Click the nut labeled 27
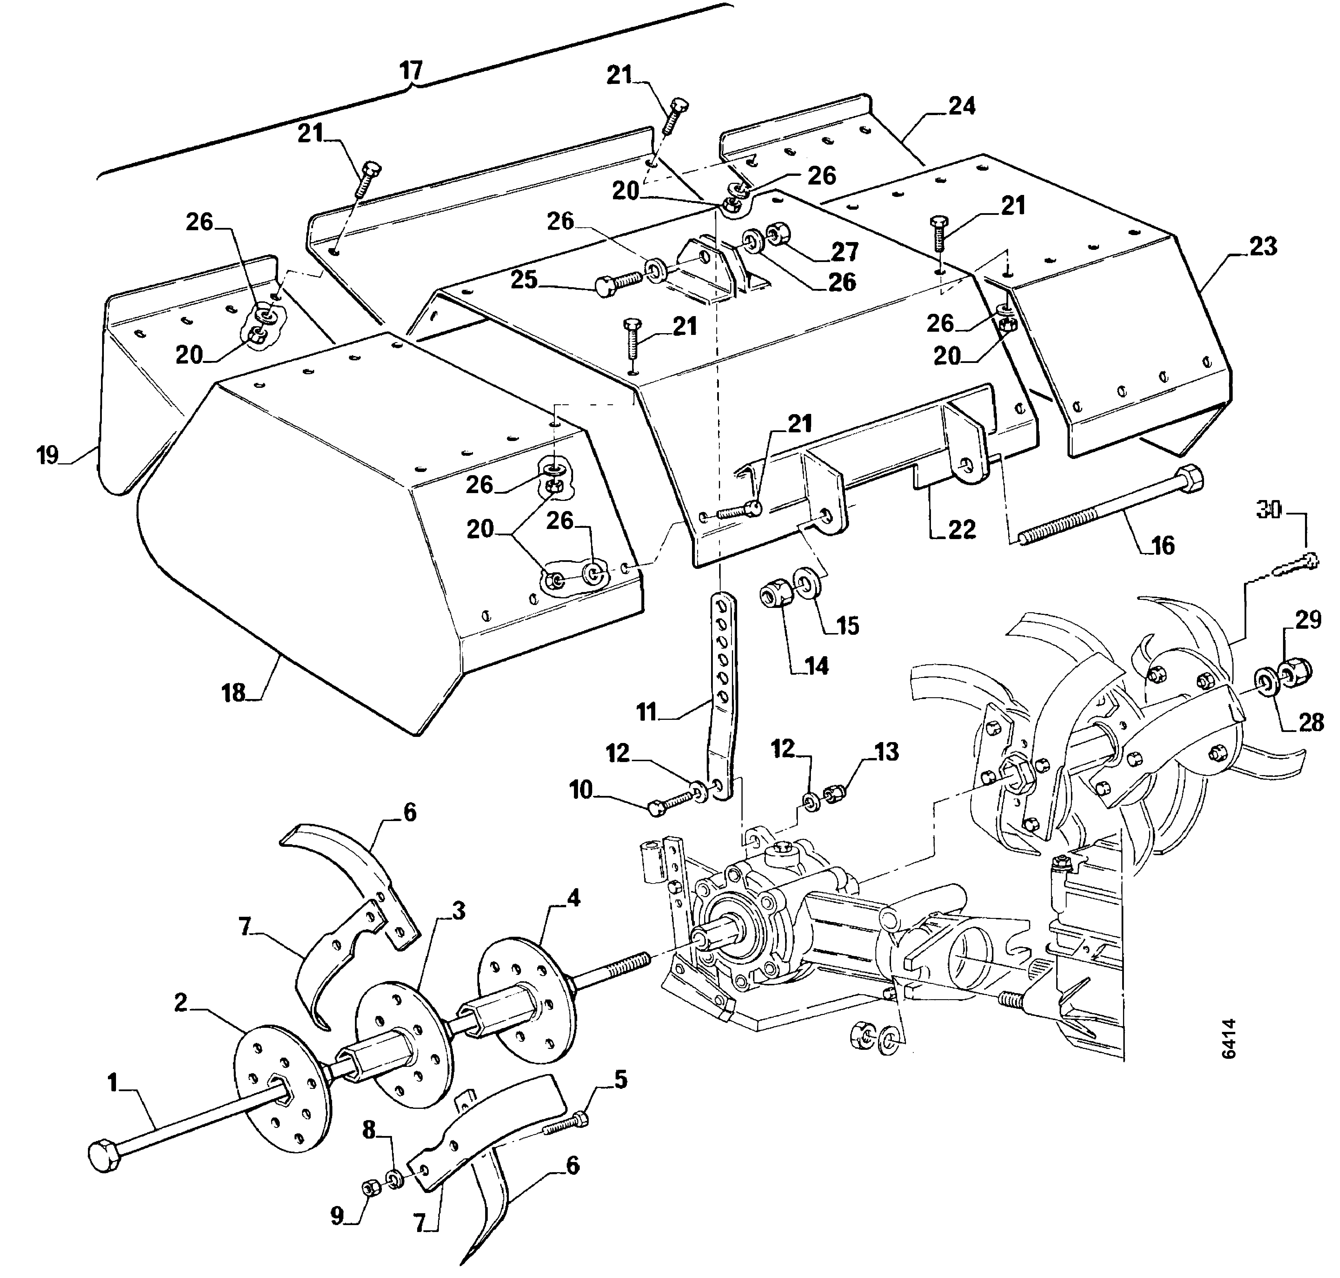coord(778,235)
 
